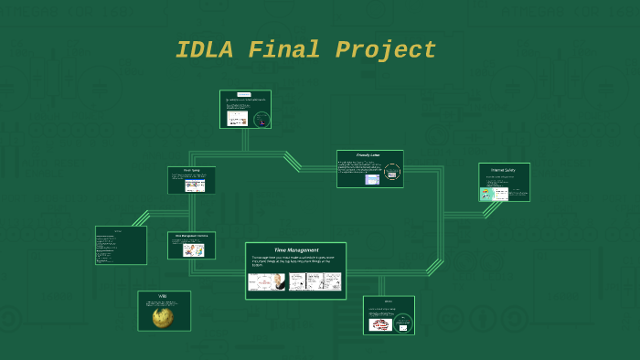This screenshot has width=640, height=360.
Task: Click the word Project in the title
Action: (x=386, y=50)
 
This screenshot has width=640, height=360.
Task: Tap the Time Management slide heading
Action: (x=296, y=249)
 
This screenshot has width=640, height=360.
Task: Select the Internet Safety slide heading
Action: (x=504, y=171)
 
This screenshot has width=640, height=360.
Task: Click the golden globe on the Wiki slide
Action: (x=164, y=316)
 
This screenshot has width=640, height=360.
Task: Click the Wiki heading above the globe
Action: (x=163, y=297)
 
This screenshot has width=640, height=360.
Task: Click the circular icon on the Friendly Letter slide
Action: (x=392, y=172)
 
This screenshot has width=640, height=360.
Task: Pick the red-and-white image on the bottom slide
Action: (x=380, y=324)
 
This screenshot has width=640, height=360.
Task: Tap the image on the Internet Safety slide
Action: (x=487, y=194)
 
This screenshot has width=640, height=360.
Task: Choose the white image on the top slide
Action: (x=238, y=118)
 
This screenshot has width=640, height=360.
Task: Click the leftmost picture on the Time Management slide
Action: (x=266, y=282)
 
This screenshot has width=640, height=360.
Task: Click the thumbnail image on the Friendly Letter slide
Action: (x=372, y=180)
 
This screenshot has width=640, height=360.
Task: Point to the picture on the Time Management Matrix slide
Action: (x=193, y=249)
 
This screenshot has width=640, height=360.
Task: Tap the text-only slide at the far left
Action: (x=121, y=245)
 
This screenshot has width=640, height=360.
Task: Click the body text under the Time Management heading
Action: (x=295, y=260)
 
